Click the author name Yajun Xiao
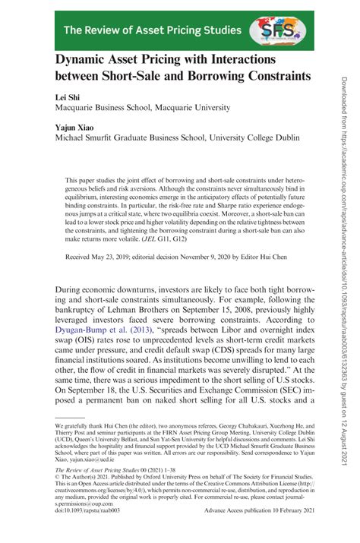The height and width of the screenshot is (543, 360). point(74,129)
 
